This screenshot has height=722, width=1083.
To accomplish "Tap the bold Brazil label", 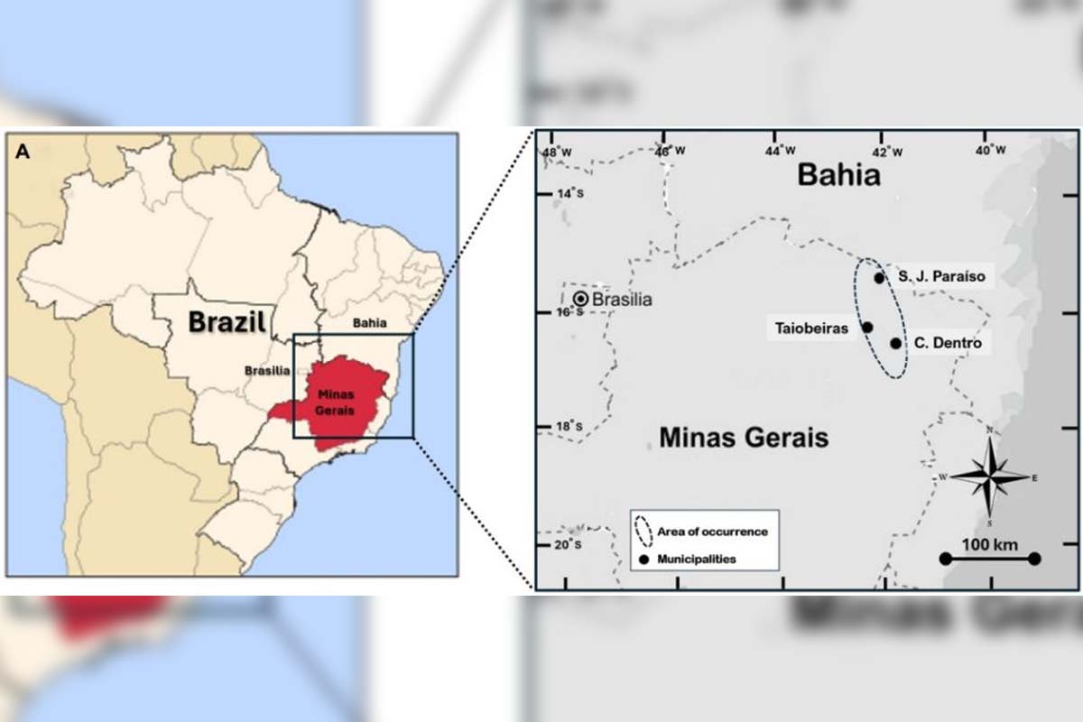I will click(x=227, y=322).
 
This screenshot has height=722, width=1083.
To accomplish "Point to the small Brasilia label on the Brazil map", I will click(x=268, y=370).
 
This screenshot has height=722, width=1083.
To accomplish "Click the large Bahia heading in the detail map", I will click(x=838, y=175).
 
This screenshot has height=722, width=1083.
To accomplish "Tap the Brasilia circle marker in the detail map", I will click(x=580, y=298).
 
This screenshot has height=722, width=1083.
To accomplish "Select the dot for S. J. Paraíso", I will click(x=879, y=277).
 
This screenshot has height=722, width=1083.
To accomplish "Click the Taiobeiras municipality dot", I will click(x=867, y=328).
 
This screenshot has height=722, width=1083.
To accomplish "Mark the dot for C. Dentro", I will click(x=895, y=343).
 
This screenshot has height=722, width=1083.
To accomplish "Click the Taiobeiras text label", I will click(x=811, y=329).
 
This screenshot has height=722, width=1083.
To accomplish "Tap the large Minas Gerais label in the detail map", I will click(x=744, y=439).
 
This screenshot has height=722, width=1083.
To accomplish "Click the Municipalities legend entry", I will click(x=697, y=559).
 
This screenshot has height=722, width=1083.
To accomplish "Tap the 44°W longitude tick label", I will click(x=782, y=151).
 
